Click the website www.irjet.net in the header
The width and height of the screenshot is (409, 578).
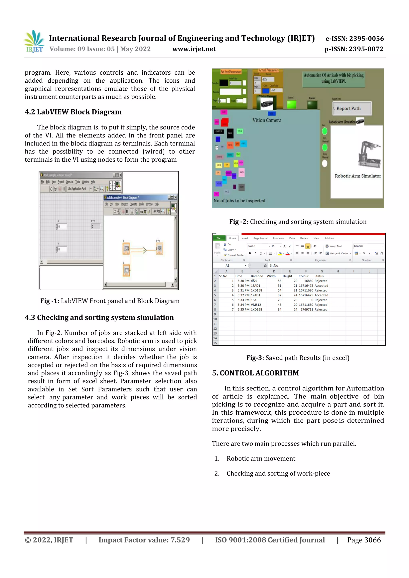coord(194,49)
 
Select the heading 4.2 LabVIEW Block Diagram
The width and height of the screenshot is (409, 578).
coord(73,112)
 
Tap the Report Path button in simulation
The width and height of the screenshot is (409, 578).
coord(351,108)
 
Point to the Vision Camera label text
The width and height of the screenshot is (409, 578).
coord(267,120)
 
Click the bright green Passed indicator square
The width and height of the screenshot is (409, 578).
coord(291,104)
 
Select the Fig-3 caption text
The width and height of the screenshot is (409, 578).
coord(298,358)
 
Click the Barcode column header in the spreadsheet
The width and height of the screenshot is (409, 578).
coord(257,276)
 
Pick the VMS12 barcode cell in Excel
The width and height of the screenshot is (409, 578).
coord(256,305)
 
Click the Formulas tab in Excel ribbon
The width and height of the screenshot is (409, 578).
coord(278,238)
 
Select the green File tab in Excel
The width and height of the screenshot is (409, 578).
coord(218,238)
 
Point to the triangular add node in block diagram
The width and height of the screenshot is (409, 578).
coord(144,250)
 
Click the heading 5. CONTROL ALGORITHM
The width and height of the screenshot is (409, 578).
coord(255,373)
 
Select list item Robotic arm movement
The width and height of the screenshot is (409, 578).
coord(261,458)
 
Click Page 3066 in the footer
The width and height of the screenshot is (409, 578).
coord(364,540)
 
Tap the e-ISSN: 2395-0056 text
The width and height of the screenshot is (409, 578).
coord(354,39)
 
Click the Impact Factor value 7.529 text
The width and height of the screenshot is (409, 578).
coord(144,540)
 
